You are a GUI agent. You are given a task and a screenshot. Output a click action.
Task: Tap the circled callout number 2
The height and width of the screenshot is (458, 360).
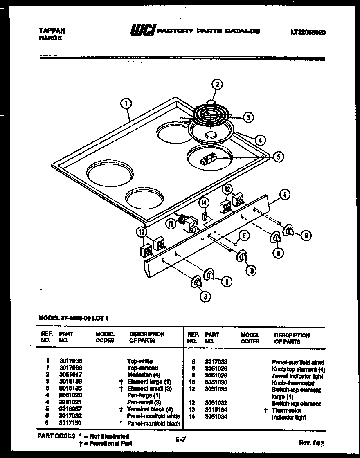click(x=217, y=85)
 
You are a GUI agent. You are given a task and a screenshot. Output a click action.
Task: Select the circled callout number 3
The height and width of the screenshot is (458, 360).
click(x=248, y=117)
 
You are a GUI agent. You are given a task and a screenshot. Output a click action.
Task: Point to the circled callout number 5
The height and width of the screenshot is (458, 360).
click(x=278, y=156)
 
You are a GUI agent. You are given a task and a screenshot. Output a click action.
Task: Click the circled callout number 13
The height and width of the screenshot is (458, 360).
click(x=170, y=223)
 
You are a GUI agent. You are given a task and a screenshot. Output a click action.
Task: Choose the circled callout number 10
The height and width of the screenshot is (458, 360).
click(x=250, y=271)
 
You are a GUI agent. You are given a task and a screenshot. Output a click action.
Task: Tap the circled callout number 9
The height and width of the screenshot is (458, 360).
click(x=243, y=236)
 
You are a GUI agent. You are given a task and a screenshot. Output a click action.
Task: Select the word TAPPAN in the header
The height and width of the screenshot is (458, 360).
click(x=51, y=31)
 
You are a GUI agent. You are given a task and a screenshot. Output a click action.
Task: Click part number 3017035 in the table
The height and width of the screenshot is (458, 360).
click(x=70, y=361)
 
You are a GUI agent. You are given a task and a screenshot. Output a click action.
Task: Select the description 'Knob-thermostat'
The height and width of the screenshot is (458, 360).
click(x=293, y=383)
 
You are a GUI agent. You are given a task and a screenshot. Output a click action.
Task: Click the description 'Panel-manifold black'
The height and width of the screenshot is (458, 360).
click(x=153, y=424)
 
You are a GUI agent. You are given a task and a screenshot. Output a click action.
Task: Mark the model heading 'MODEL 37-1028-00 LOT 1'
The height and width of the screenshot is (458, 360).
click(x=74, y=317)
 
